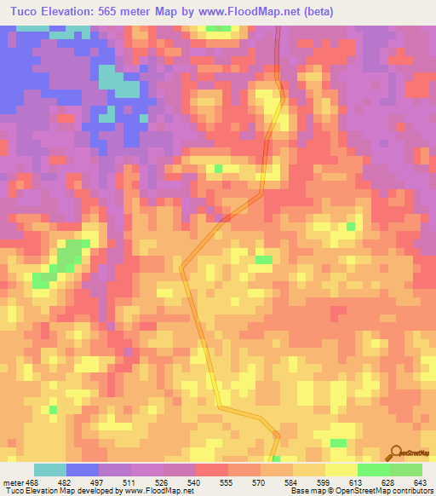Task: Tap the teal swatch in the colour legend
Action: [x=50, y=470]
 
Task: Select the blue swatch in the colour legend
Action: [x=83, y=470]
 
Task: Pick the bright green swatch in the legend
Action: [x=373, y=470]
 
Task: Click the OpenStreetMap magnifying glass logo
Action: [x=398, y=451]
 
